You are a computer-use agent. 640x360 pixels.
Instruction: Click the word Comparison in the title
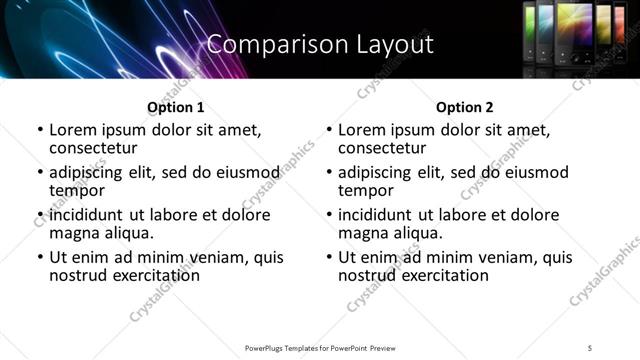pyautogui.click(x=265, y=44)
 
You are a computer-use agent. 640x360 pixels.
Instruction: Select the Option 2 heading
pyautogui.click(x=464, y=107)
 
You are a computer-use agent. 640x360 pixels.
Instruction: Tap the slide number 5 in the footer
pyautogui.click(x=590, y=347)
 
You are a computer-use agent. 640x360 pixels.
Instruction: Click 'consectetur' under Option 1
pyautogui.click(x=100, y=148)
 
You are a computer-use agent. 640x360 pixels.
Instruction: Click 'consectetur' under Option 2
pyautogui.click(x=389, y=148)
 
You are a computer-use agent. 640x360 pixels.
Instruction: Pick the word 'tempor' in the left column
pyautogui.click(x=77, y=190)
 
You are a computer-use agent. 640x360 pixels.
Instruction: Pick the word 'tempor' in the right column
pyautogui.click(x=366, y=190)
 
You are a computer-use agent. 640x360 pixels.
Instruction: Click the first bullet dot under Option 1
pyautogui.click(x=40, y=131)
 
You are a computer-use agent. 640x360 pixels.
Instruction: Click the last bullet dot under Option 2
pyautogui.click(x=329, y=257)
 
